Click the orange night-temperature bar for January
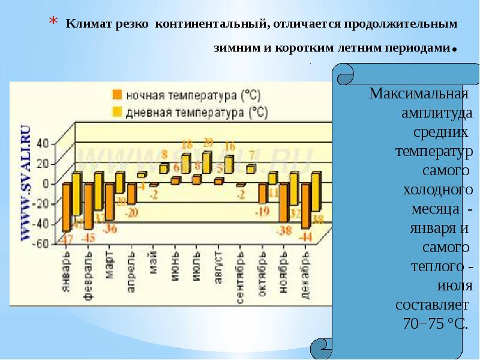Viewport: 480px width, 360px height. point(66,207)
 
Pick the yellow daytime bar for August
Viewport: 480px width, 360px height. point(229,164)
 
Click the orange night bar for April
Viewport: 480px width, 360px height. point(131,194)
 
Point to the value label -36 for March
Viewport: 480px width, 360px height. point(110,228)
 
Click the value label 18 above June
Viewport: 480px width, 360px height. point(187,144)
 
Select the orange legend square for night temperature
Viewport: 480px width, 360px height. point(117,95)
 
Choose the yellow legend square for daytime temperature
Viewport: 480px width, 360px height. point(117,111)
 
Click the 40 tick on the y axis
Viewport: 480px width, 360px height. point(43,143)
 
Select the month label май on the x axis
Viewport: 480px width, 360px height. point(154,267)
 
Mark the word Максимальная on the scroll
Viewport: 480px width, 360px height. point(418,94)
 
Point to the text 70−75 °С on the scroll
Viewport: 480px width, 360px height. point(434,323)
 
